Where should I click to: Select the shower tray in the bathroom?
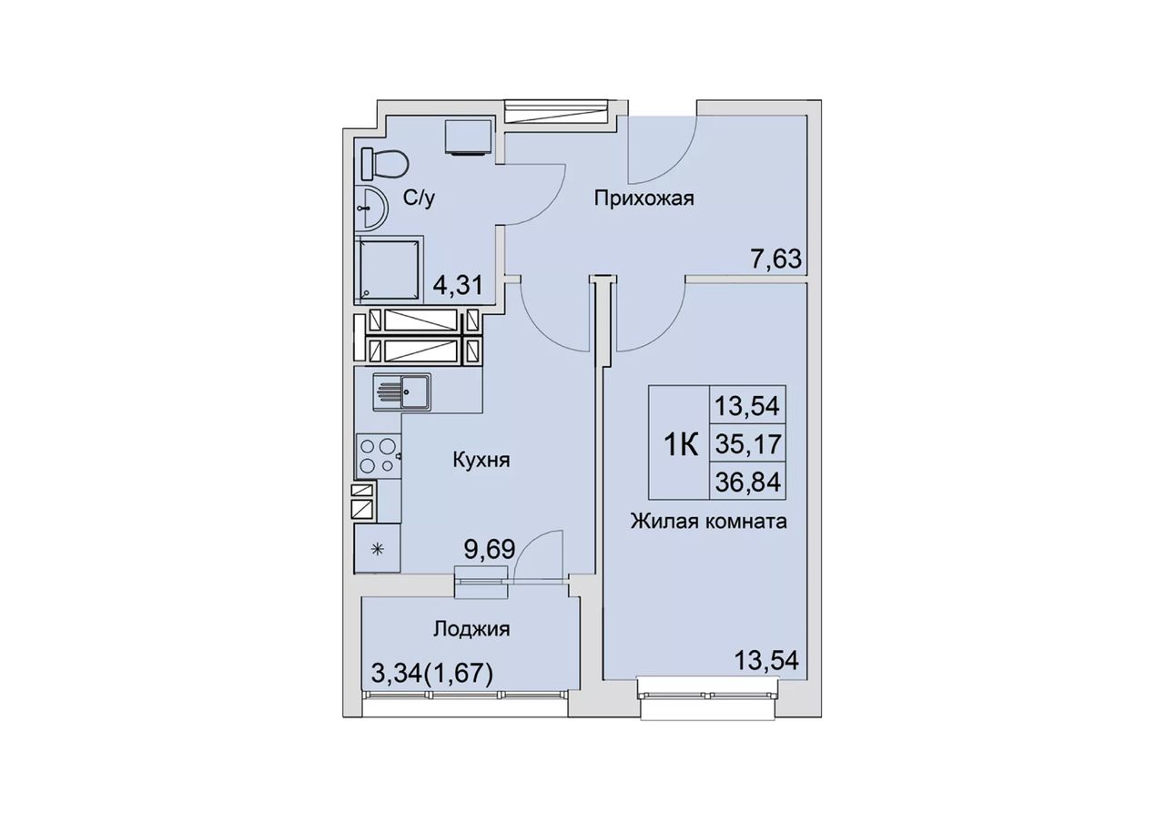389,270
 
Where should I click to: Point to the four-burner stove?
378,456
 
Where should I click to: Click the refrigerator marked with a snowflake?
378,548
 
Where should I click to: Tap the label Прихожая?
644,198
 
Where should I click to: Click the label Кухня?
481,460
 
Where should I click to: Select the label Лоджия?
471,629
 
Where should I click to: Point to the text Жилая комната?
708,521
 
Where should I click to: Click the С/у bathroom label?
420,198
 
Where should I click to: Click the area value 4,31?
458,285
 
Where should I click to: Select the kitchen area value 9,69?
490,549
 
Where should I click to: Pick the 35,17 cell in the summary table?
748,443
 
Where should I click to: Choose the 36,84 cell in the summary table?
748,482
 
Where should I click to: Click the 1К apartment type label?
681,445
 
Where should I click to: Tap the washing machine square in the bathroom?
468,137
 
